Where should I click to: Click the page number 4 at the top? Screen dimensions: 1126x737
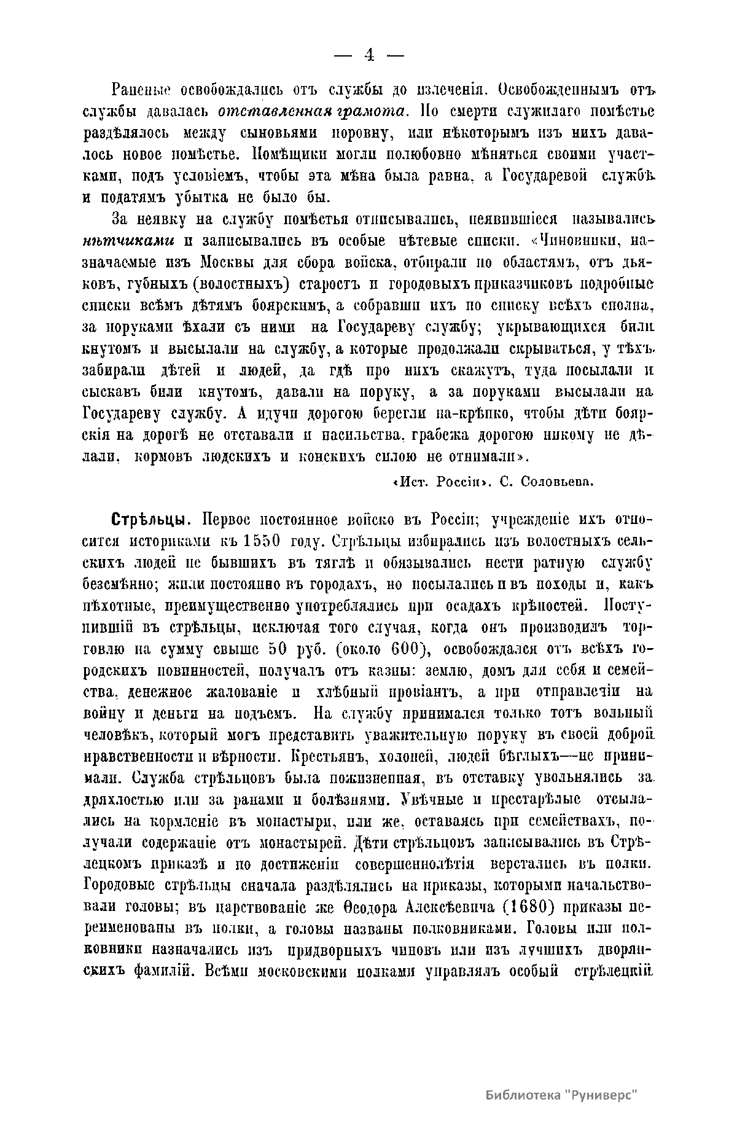pyautogui.click(x=369, y=55)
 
